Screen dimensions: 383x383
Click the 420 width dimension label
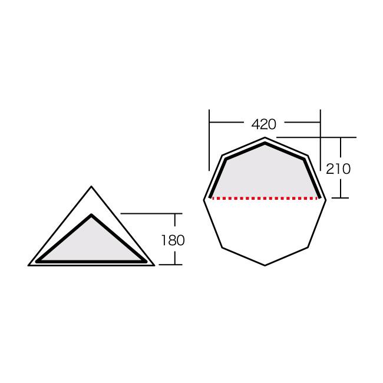click(x=264, y=124)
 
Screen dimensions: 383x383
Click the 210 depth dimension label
click(x=338, y=169)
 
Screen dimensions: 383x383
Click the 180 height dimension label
click(x=173, y=240)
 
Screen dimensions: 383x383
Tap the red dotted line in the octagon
click(x=265, y=199)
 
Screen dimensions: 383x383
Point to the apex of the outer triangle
click(x=91, y=186)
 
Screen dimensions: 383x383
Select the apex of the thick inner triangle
click(x=91, y=215)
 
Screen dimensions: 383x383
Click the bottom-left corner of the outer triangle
click(x=28, y=266)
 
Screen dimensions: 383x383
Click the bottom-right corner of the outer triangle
click(x=154, y=266)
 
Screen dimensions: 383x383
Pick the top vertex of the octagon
click(x=265, y=137)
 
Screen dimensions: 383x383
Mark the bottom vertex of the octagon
click(x=265, y=266)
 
